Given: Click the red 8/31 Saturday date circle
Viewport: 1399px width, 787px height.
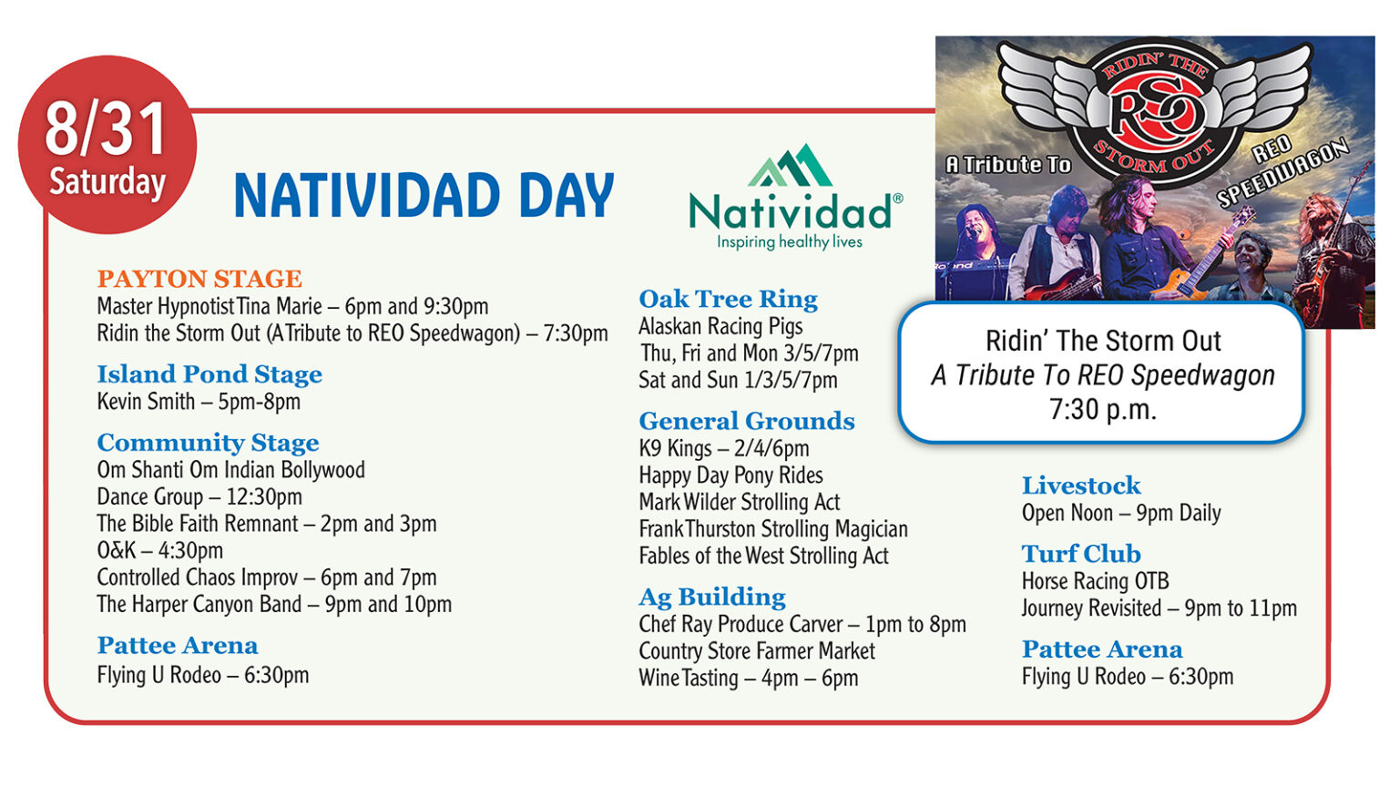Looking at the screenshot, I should pyautogui.click(x=107, y=146).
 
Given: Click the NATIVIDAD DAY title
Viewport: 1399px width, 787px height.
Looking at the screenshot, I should pyautogui.click(x=424, y=196).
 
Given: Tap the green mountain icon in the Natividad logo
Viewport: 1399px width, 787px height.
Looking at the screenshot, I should pyautogui.click(x=791, y=166).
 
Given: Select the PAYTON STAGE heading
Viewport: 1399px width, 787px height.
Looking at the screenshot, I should pyautogui.click(x=199, y=279).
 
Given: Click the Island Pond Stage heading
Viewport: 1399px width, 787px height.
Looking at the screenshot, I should pyautogui.click(x=209, y=374).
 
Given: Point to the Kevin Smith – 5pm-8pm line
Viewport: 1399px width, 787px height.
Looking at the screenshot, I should pyautogui.click(x=199, y=402).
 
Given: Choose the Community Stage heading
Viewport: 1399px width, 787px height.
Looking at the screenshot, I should pyautogui.click(x=208, y=443).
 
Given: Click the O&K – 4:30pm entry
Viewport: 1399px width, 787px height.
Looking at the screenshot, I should pyautogui.click(x=160, y=550).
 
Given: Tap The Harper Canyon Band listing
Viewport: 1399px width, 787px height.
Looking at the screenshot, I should pyautogui.click(x=274, y=604).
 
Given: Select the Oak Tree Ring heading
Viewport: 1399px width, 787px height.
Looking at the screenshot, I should pyautogui.click(x=728, y=299).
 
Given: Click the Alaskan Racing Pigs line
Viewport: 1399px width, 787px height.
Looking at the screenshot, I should pyautogui.click(x=720, y=326).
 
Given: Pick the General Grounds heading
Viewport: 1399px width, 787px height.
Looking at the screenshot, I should pyautogui.click(x=746, y=421).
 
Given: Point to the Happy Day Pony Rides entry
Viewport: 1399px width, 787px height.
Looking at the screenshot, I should pyautogui.click(x=730, y=475).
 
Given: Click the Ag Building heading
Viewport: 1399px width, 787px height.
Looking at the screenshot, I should pyautogui.click(x=711, y=597).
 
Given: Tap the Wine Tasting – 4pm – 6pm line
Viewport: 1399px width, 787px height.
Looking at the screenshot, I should pyautogui.click(x=748, y=678).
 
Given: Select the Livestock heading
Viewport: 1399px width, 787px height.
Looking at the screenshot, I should pyautogui.click(x=1080, y=485).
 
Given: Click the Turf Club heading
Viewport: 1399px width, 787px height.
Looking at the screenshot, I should pyautogui.click(x=1080, y=554).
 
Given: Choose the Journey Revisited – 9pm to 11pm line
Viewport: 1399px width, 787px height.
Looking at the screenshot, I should pyautogui.click(x=1159, y=608).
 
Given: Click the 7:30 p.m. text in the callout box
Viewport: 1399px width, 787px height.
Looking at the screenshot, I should pyautogui.click(x=1102, y=410).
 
